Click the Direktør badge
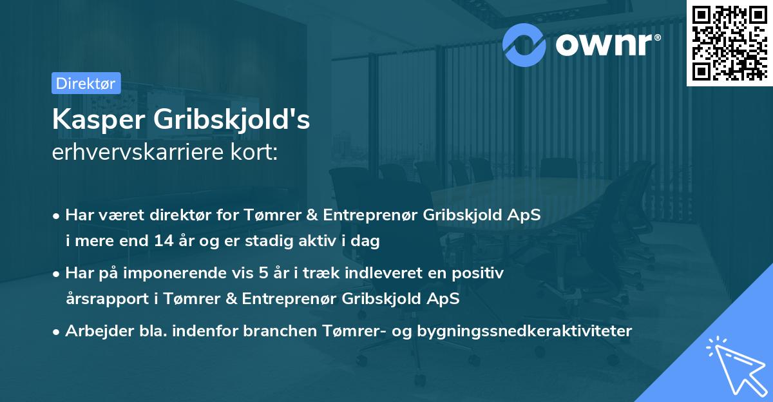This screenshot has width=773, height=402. click(86, 83)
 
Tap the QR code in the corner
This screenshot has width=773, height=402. click(729, 43)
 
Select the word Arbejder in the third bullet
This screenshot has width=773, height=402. click(93, 331)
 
